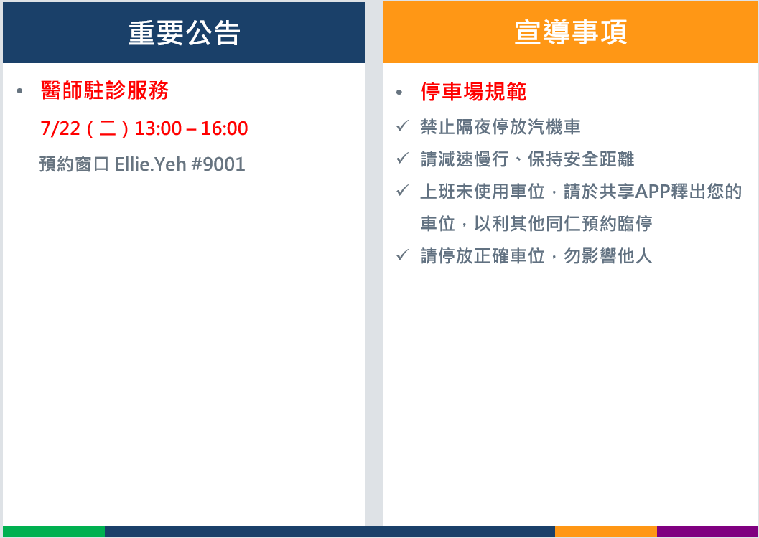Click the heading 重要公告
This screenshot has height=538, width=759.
coord(185,33)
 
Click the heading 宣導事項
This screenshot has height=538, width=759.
coord(571,32)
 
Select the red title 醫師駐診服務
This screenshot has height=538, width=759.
coord(105,90)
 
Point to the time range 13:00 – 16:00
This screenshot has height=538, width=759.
coord(191,128)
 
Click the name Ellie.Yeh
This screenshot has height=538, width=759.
coord(151,164)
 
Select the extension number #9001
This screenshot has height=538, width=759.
coord(218,164)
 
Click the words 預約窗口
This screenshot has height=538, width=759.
coord(75,164)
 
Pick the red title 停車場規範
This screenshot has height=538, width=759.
coord(473,92)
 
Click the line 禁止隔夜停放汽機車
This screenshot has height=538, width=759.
coord(500,127)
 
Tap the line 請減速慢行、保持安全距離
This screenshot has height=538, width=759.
coord(527,159)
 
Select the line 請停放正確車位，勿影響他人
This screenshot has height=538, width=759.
coord(536,255)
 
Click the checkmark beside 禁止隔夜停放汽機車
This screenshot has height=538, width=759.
coord(402,126)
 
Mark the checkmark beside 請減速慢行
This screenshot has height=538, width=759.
coord(402,158)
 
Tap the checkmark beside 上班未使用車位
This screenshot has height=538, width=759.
coord(402,190)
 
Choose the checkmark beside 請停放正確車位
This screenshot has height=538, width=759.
coord(402,255)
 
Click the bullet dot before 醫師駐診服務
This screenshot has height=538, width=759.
coord(19,91)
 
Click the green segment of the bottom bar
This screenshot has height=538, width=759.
coord(54,532)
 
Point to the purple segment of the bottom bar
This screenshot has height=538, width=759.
coord(708,532)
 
